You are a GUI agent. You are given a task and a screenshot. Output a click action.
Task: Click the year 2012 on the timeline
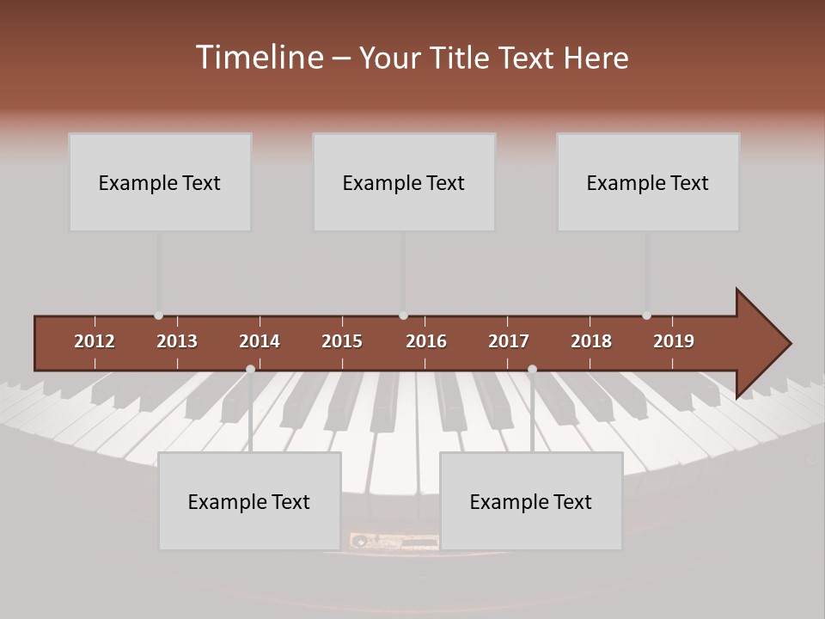tap(95, 341)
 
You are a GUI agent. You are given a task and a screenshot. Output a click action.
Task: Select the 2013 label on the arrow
tap(177, 341)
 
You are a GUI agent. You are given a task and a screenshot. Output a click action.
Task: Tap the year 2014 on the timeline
tap(260, 341)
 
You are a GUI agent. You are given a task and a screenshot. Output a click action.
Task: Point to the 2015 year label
tap(342, 341)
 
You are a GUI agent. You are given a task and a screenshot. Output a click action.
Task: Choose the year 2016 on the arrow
tap(426, 341)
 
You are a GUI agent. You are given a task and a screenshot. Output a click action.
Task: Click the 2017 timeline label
tap(509, 341)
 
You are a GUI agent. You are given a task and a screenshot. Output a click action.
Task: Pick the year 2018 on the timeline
tap(591, 341)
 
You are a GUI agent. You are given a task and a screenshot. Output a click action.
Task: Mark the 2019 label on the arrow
tap(674, 341)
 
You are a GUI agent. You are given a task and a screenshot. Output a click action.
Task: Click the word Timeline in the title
tap(258, 58)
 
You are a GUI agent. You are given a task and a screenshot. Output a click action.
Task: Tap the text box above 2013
tap(160, 182)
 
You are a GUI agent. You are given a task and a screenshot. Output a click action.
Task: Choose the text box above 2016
tap(404, 182)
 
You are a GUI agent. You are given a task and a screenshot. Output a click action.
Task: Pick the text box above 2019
tap(648, 182)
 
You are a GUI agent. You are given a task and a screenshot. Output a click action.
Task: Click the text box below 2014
tap(249, 501)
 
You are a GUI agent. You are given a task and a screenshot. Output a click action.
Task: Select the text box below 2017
tap(531, 501)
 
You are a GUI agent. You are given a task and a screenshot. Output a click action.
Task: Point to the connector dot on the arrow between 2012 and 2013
tap(158, 316)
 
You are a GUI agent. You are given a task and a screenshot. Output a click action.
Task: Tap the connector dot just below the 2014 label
tap(250, 369)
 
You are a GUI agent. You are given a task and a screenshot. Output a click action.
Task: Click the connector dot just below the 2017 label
tap(532, 369)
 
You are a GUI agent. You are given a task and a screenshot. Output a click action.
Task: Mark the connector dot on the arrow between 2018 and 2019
tap(646, 316)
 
